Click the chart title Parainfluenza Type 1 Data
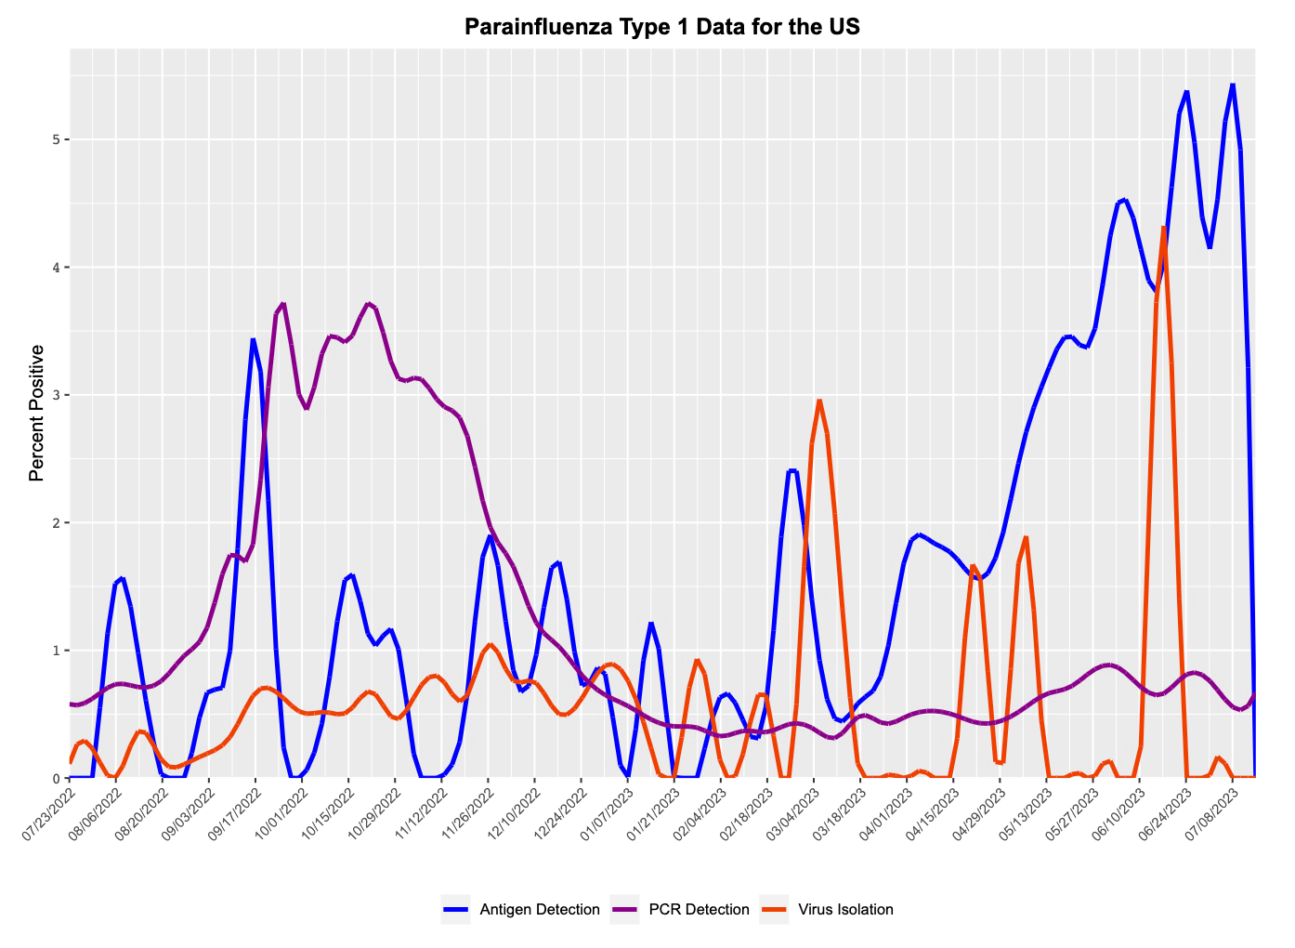coord(661,26)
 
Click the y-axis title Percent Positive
coord(37,413)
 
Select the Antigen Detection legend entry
coord(539,909)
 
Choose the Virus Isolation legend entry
coord(845,909)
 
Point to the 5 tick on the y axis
coord(56,139)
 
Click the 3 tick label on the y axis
coord(56,395)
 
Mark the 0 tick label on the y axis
coord(56,778)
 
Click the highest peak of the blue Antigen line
coord(1233,85)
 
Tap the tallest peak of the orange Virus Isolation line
coord(1163,227)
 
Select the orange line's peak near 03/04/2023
coord(818,401)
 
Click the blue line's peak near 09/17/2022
coord(253,339)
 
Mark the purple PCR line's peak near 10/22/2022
coord(369,303)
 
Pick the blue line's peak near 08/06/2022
coord(123,578)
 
